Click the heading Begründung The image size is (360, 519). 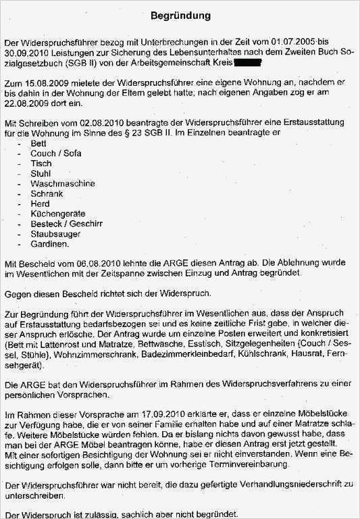180,15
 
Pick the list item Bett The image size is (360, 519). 38,144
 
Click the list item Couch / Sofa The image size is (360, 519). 55,153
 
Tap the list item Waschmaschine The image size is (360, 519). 62,183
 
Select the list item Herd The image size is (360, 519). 40,203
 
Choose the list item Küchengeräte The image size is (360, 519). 58,213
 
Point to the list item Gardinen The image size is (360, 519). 49,243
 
